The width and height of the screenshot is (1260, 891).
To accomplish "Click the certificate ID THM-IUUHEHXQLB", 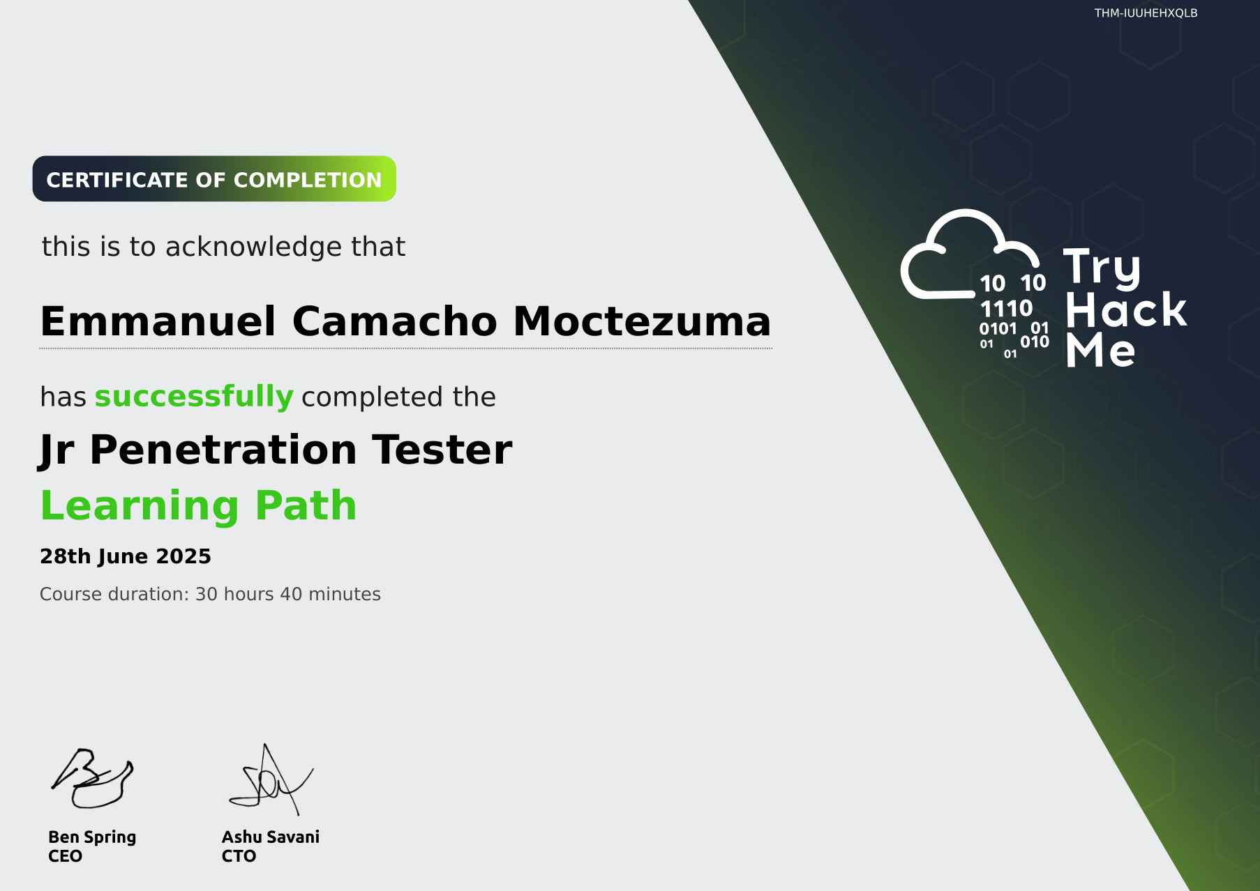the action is [1146, 13].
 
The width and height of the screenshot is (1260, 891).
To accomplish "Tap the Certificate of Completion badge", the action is [214, 179].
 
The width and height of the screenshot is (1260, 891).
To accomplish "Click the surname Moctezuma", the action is [642, 321].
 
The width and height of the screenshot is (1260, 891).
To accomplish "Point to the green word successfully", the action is [194, 397].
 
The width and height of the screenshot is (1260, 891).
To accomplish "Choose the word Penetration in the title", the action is [223, 450].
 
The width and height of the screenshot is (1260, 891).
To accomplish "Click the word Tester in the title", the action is [442, 450].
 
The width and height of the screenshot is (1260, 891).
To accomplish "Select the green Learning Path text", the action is [199, 505].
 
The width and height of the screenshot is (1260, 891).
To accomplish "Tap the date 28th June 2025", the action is [126, 556].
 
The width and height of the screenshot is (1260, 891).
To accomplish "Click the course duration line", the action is [210, 594].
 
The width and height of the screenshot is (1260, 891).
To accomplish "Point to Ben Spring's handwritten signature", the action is [92, 778].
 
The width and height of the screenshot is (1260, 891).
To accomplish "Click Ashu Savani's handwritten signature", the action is [271, 779].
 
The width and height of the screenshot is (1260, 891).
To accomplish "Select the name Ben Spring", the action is [92, 837].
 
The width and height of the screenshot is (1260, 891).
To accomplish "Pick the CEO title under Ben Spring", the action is [65, 856].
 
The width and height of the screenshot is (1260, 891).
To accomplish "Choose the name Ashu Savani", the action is [271, 837].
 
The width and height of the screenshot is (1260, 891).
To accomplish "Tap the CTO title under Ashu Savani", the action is [239, 856].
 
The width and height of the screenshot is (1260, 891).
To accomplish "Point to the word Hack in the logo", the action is [1126, 310].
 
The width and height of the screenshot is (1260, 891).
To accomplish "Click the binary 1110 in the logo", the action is [1006, 308].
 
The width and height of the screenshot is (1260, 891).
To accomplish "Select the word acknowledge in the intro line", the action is [254, 247].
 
